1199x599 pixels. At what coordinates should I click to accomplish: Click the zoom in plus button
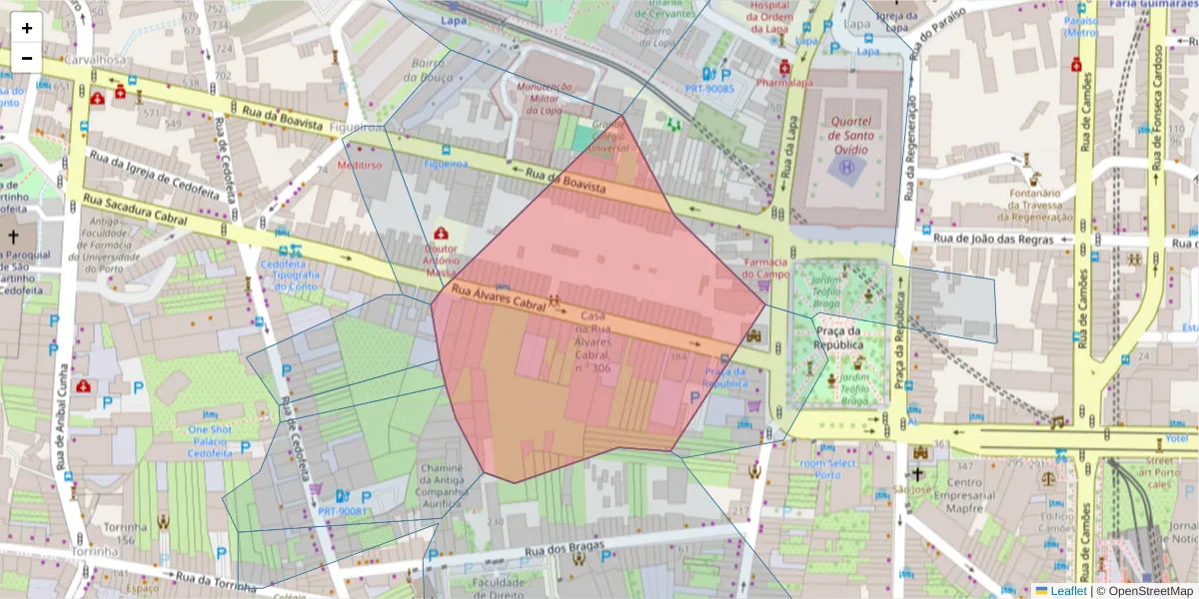27,28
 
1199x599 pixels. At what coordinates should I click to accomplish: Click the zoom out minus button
27,58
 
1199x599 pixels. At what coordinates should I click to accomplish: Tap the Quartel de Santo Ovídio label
850,136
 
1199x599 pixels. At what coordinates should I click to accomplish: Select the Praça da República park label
838,337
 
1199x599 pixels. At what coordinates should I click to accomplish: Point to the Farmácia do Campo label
766,268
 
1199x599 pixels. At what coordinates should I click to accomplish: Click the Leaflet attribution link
1067,591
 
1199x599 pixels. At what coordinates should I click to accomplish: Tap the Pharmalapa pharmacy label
784,83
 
